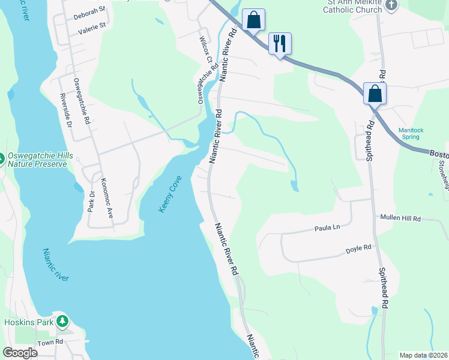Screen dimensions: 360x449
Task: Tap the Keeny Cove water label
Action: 170,193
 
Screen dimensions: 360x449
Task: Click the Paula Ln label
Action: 328,228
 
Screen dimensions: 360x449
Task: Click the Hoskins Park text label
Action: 27,322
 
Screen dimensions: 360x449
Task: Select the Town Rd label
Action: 50,342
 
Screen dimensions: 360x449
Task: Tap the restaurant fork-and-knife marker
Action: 280,43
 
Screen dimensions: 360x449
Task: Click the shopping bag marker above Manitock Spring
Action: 375,94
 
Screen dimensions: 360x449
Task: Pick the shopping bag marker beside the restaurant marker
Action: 254,20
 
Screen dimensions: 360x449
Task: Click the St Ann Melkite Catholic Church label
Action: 354,6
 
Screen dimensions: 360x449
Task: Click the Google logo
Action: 20,353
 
